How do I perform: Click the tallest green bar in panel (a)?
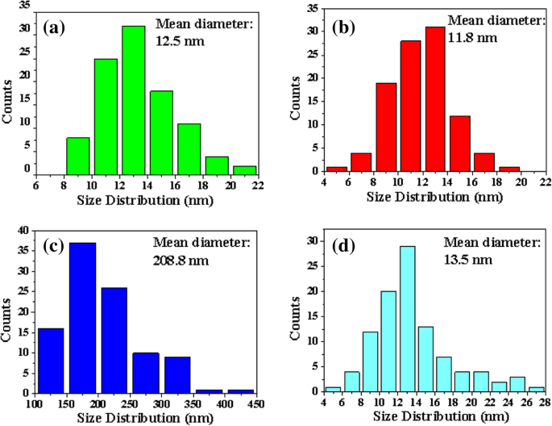[x=133, y=100]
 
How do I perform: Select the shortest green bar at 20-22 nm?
[x=244, y=170]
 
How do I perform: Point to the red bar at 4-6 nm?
[x=337, y=169]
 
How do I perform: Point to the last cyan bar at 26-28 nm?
[x=537, y=388]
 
